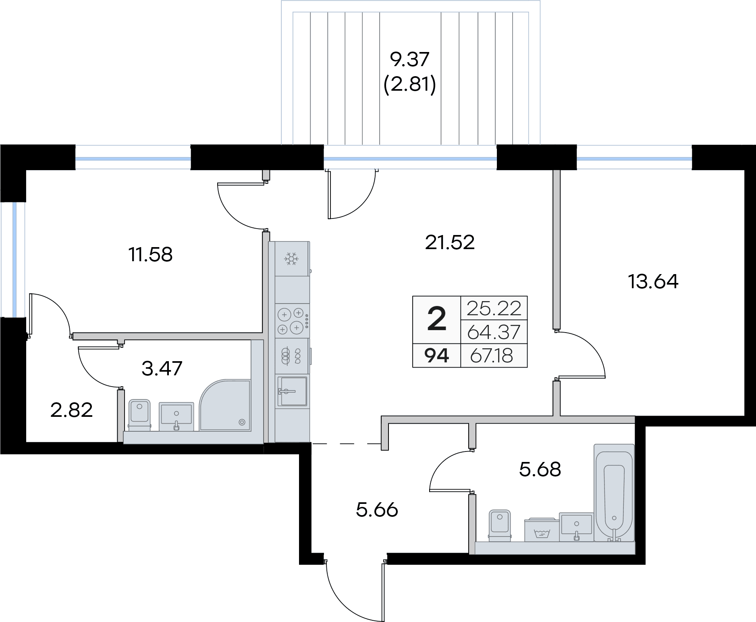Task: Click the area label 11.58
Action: coord(151,255)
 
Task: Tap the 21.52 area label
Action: coord(450,242)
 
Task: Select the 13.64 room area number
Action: coord(653,281)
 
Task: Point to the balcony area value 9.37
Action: coord(410,60)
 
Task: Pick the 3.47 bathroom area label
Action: coord(162,368)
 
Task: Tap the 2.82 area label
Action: coord(72,410)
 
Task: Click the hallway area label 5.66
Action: coord(377,510)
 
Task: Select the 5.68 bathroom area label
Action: coord(540,470)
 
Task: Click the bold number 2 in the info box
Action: coord(436,319)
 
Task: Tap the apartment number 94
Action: coord(437,356)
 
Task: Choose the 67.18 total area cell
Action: coord(491,356)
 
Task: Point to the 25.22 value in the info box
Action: coord(494,308)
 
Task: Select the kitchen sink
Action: coord(293,391)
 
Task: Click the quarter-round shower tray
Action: coord(225,405)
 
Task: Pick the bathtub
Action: coord(614,493)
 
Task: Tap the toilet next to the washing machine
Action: coord(500,525)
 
